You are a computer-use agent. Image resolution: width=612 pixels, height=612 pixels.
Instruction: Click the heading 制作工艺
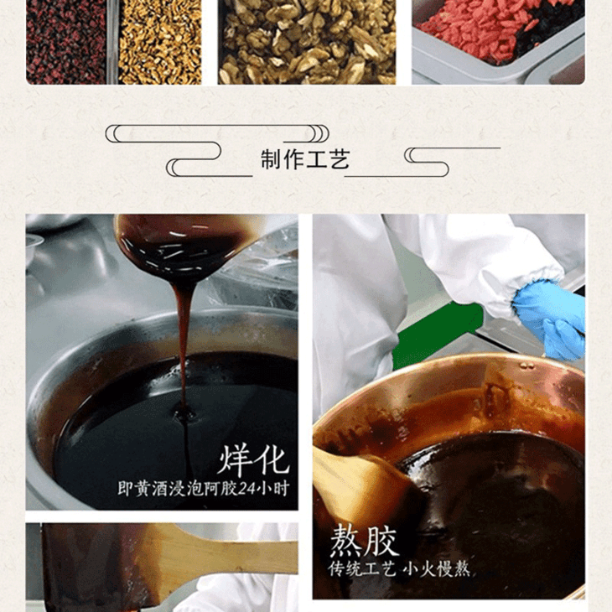click(305, 159)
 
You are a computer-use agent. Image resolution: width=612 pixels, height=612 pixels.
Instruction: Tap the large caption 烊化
click(254, 460)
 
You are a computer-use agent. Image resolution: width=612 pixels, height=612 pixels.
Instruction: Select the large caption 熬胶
click(364, 541)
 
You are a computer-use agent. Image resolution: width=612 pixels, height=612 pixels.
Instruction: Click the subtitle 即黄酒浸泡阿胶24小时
click(204, 488)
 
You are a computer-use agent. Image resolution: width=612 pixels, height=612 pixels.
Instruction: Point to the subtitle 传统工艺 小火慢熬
click(399, 569)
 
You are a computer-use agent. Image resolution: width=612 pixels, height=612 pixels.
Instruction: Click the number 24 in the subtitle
click(246, 488)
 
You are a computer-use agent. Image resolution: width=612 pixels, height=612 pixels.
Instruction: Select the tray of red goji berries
click(499, 39)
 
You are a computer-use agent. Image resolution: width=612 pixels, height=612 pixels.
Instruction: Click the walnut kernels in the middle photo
click(307, 41)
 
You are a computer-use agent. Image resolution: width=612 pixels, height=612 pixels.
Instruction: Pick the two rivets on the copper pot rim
click(527, 366)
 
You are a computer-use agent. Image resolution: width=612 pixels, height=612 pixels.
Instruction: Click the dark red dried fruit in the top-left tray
click(66, 41)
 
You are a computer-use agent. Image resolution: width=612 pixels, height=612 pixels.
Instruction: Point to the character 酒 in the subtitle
click(160, 489)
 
